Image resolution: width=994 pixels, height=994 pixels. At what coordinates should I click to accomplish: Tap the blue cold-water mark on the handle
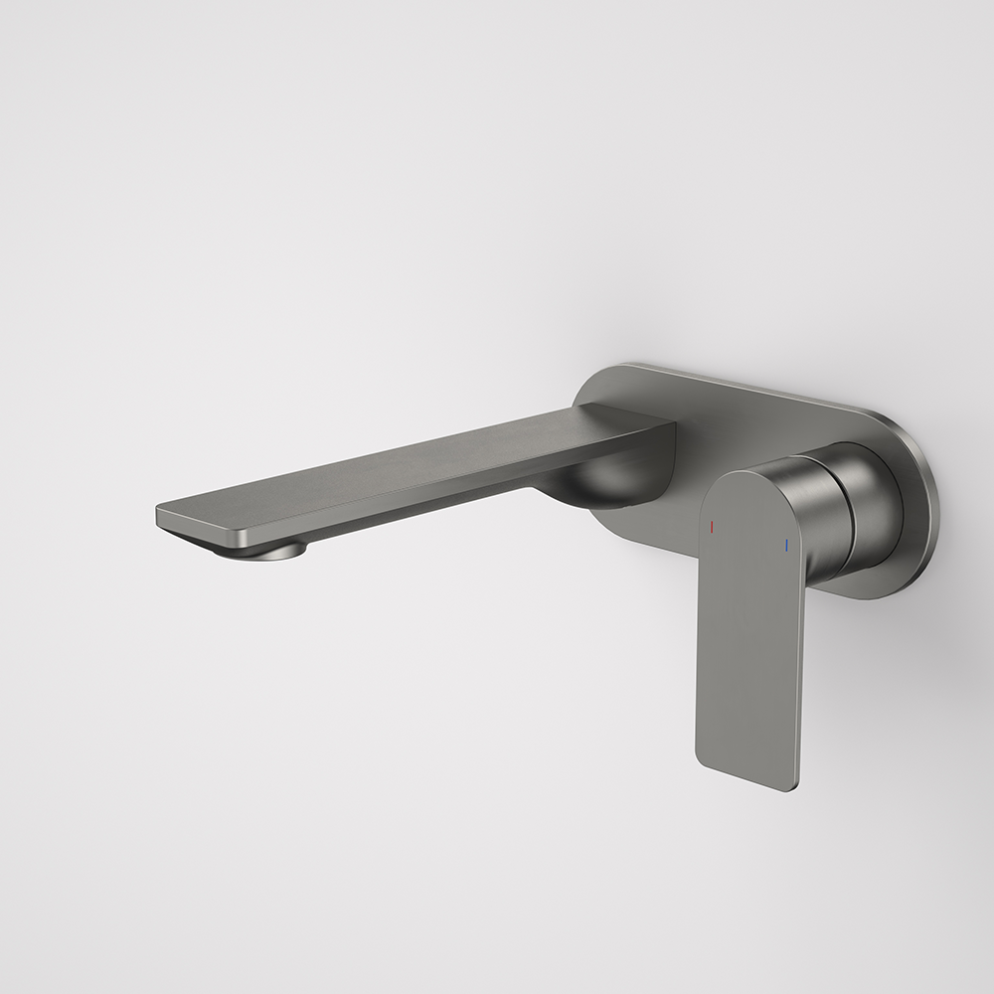pos(786,545)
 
